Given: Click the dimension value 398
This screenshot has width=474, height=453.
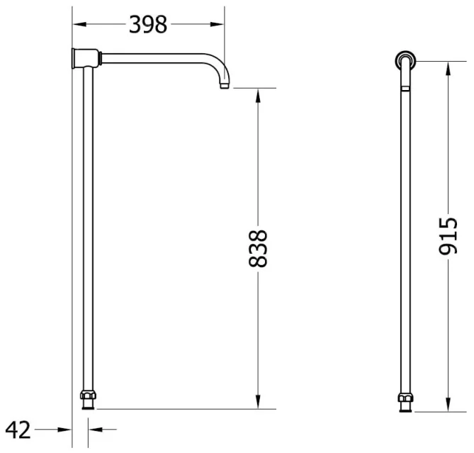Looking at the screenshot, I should pyautogui.click(x=148, y=24).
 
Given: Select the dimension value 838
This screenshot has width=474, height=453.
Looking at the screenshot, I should pyautogui.click(x=259, y=247).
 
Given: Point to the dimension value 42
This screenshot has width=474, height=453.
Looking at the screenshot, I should pyautogui.click(x=18, y=430).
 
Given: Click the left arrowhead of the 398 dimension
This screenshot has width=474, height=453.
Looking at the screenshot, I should pyautogui.click(x=79, y=24).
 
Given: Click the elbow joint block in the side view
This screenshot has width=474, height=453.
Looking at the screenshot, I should pyautogui.click(x=86, y=57).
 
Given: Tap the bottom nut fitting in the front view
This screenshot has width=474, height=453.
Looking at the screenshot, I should pyautogui.click(x=405, y=398).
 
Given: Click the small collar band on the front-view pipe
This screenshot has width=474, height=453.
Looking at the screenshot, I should pyautogui.click(x=405, y=89).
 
